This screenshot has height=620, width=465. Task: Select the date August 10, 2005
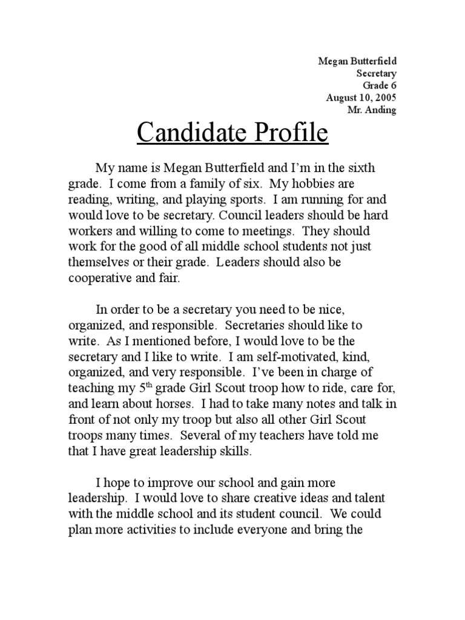tap(361, 97)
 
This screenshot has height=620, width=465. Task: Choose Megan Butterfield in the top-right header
tap(357, 61)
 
